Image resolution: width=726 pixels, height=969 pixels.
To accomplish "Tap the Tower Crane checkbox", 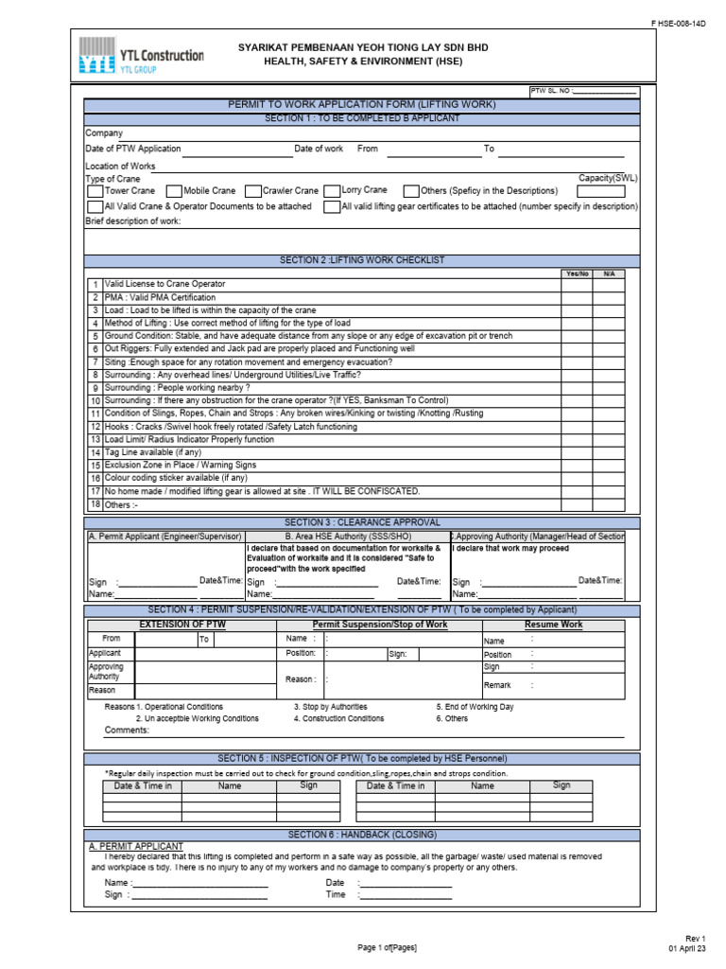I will (x=95, y=191).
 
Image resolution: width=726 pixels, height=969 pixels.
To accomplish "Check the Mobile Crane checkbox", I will (x=173, y=191).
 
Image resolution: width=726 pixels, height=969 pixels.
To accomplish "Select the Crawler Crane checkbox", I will (x=252, y=191).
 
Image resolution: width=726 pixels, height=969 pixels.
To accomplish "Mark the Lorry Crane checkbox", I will (x=331, y=191).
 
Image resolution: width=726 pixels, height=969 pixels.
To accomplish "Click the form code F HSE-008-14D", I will (x=678, y=22).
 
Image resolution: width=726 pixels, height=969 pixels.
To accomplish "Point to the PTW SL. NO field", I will (x=583, y=92).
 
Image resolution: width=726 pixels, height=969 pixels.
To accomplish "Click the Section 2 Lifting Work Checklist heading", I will (x=362, y=260).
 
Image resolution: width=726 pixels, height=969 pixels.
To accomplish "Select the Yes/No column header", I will (x=577, y=273).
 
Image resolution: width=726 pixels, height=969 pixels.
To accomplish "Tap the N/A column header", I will (x=609, y=273).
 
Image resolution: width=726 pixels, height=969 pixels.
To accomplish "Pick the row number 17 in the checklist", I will (x=95, y=491).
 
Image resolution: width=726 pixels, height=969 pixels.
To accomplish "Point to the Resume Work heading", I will (x=554, y=625).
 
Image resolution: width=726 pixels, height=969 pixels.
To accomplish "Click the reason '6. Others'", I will (x=452, y=718).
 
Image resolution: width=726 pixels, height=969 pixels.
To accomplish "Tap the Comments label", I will (x=127, y=731).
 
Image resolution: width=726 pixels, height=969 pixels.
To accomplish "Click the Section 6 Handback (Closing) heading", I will (x=362, y=834).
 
